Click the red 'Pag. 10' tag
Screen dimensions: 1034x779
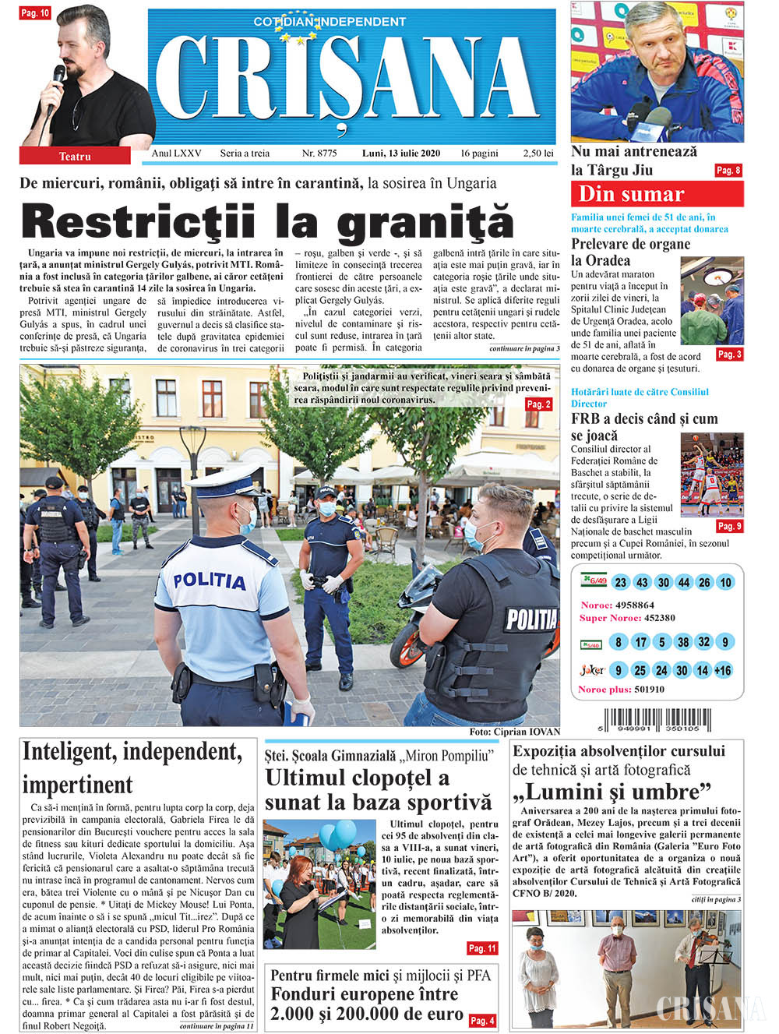(35, 13)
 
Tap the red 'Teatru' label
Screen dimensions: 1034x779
(75, 157)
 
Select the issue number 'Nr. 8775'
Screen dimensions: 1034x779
(319, 154)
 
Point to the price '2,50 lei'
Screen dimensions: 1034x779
(538, 154)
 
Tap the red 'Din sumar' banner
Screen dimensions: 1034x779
(657, 194)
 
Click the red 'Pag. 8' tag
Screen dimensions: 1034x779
(728, 171)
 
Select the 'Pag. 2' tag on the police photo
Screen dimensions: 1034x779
(539, 404)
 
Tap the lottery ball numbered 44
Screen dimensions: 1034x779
(684, 583)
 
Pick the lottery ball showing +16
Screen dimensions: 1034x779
(723, 671)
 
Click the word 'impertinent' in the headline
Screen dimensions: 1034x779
(78, 785)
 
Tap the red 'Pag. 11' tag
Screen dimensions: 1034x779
(482, 948)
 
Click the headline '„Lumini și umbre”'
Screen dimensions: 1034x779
(612, 792)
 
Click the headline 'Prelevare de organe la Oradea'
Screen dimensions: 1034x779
(630, 252)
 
